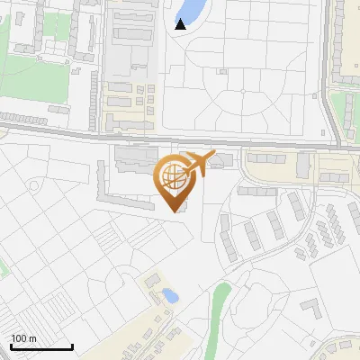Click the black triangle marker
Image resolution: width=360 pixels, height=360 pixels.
click(181, 24)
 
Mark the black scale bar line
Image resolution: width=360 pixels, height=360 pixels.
click(40, 347)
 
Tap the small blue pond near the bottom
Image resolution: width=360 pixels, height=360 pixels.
click(168, 294)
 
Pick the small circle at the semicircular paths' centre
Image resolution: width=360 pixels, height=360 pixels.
click(243, 91)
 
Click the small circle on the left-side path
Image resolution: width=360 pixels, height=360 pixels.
click(34, 185)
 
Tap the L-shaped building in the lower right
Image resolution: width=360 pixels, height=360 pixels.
click(312, 309)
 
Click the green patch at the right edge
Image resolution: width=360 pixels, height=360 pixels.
click(349, 108)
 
